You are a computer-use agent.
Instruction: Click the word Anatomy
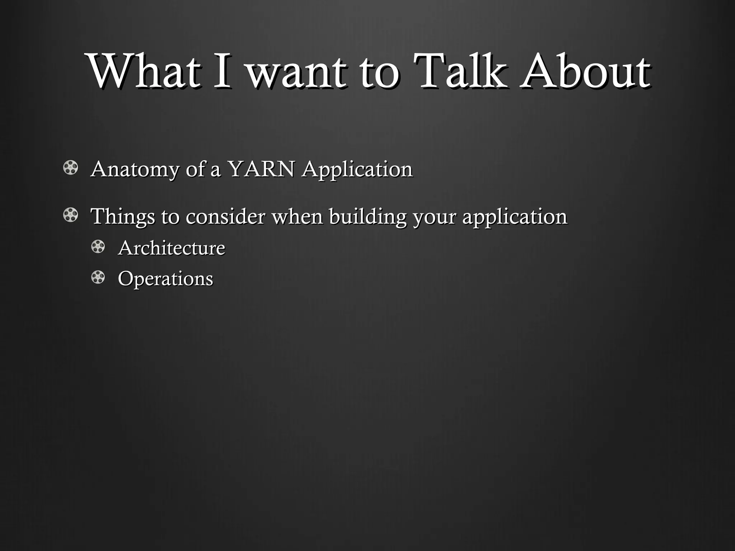pyautogui.click(x=135, y=169)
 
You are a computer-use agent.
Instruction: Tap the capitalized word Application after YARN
pyautogui.click(x=357, y=170)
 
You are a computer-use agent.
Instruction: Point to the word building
pyautogui.click(x=367, y=217)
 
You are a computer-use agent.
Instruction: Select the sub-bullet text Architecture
pyautogui.click(x=172, y=248)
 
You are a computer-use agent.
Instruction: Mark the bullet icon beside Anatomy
pyautogui.click(x=70, y=168)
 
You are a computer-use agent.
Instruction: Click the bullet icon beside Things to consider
pyautogui.click(x=70, y=215)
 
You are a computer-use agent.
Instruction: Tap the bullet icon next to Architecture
pyautogui.click(x=98, y=247)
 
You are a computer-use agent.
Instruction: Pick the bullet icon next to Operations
pyautogui.click(x=98, y=277)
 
